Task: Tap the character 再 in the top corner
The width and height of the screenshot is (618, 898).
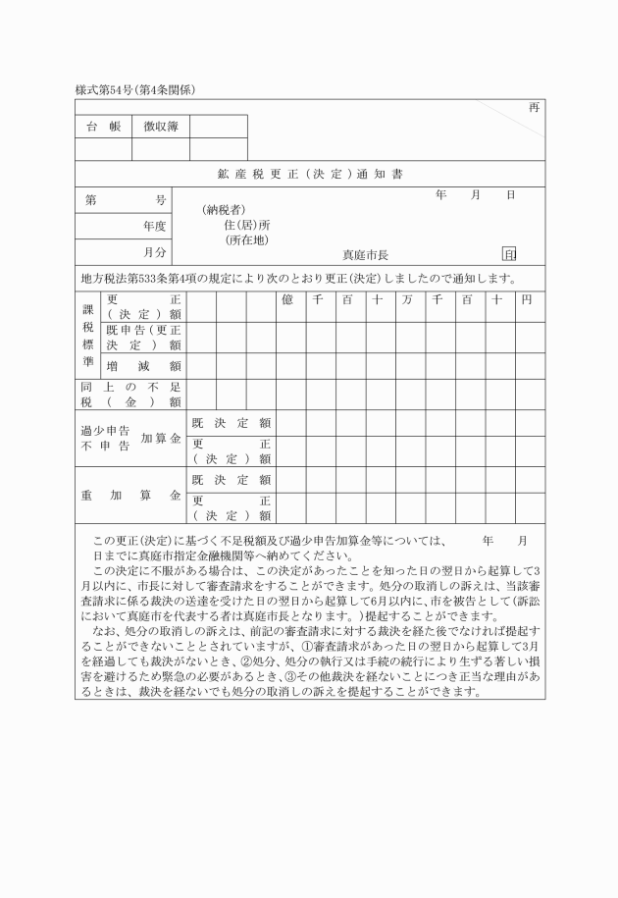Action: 534,107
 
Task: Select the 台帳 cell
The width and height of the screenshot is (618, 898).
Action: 103,126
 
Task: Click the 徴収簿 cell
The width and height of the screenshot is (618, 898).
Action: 160,126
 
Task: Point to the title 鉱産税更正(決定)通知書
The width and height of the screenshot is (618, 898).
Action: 309,175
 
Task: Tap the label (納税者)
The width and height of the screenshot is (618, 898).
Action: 223,210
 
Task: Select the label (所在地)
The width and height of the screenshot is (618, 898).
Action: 247,239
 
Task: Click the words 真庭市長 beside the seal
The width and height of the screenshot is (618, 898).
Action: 365,253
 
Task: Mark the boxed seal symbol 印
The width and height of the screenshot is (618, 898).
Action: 509,253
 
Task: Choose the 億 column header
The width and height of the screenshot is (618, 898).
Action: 288,299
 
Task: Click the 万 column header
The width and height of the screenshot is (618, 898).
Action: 407,299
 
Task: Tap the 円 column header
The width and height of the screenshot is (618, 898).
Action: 527,299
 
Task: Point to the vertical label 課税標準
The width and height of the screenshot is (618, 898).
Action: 87,335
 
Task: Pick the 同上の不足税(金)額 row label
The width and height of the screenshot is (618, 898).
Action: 131,394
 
